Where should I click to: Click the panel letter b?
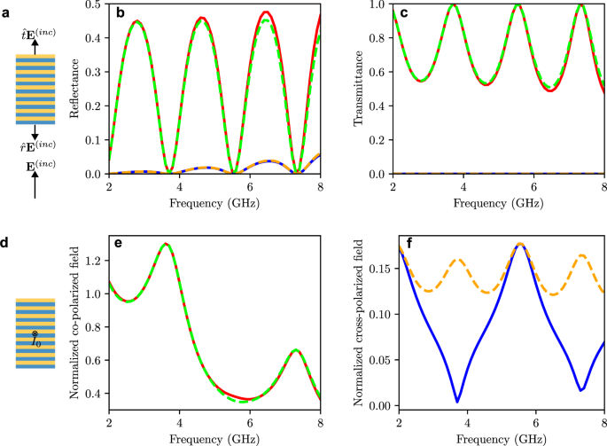[117, 11]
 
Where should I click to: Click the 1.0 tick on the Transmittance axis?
[377, 4]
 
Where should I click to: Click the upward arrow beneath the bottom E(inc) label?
[35, 185]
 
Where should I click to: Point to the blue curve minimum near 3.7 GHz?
[457, 402]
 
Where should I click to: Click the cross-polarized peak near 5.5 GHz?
[520, 244]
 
